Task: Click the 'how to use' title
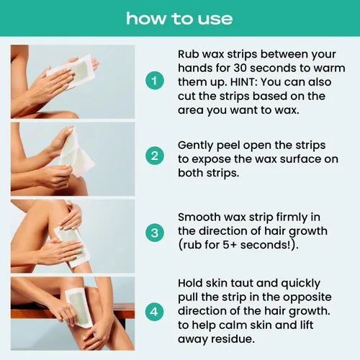(179, 19)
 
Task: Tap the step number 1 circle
(155, 81)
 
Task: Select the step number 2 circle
(155, 156)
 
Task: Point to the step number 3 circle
(155, 233)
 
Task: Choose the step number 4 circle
(155, 312)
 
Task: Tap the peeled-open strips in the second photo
(74, 153)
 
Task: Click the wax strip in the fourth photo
(78, 308)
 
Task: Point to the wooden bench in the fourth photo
(72, 311)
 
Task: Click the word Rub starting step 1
(188, 54)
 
